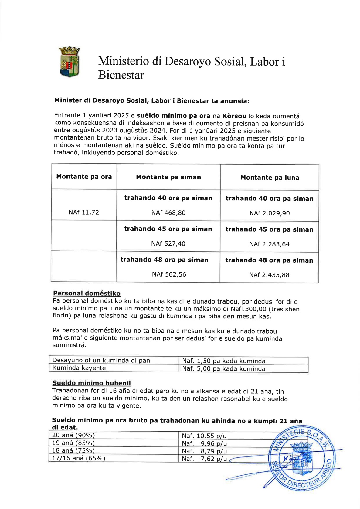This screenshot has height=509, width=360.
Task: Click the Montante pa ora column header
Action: tap(84, 177)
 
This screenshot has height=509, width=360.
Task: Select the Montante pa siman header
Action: tap(168, 177)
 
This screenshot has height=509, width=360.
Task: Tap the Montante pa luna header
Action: tap(270, 178)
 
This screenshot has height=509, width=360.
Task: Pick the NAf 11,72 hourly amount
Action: tap(84, 212)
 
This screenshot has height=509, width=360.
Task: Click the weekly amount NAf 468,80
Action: tap(168, 213)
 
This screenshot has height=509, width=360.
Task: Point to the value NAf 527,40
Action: tap(168, 243)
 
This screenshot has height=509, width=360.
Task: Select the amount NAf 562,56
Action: tap(169, 274)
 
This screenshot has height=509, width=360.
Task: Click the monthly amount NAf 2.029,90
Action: tap(270, 213)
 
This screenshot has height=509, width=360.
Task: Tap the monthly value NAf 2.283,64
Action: tap(269, 244)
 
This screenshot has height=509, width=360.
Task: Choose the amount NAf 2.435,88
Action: tap(269, 275)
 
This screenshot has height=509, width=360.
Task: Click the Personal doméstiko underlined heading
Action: tap(87, 293)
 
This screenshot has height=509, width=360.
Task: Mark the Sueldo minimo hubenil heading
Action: tap(91, 383)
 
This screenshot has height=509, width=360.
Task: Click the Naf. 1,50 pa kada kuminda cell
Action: tap(224, 361)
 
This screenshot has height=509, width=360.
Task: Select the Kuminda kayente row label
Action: tap(79, 368)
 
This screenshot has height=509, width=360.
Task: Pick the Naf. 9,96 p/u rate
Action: tap(204, 443)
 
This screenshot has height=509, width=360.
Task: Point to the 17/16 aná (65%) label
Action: tap(79, 458)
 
